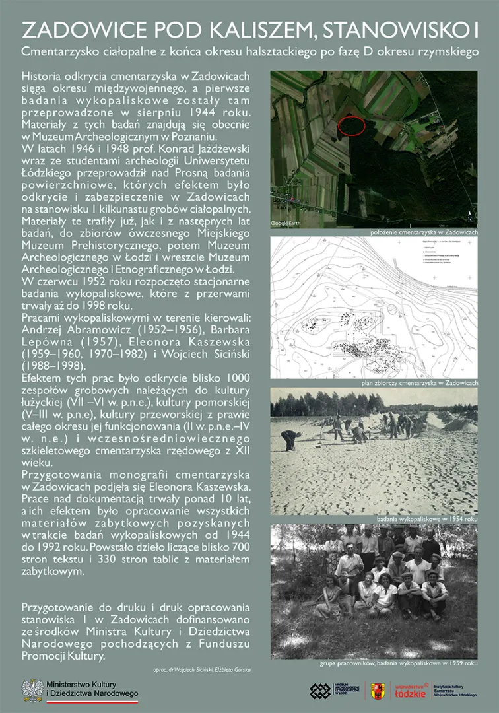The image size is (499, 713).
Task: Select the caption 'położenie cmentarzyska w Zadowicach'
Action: (423, 232)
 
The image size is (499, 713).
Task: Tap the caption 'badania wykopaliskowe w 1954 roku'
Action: (426, 520)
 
